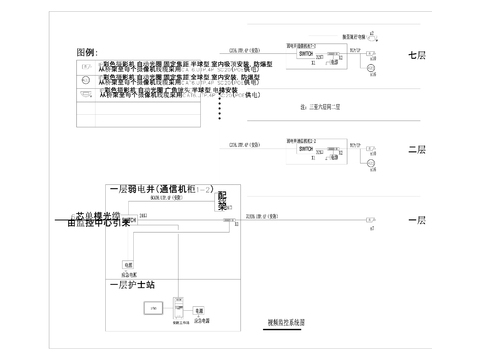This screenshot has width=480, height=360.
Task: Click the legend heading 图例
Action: pos(86,52)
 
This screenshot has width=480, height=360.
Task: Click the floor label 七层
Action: pos(417,56)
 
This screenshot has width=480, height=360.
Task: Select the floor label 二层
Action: pos(417,150)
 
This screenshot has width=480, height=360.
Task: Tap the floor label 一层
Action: pos(417,220)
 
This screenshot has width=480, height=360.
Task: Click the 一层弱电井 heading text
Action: pos(160,188)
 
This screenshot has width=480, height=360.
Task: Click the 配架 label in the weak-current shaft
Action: pos(223,200)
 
